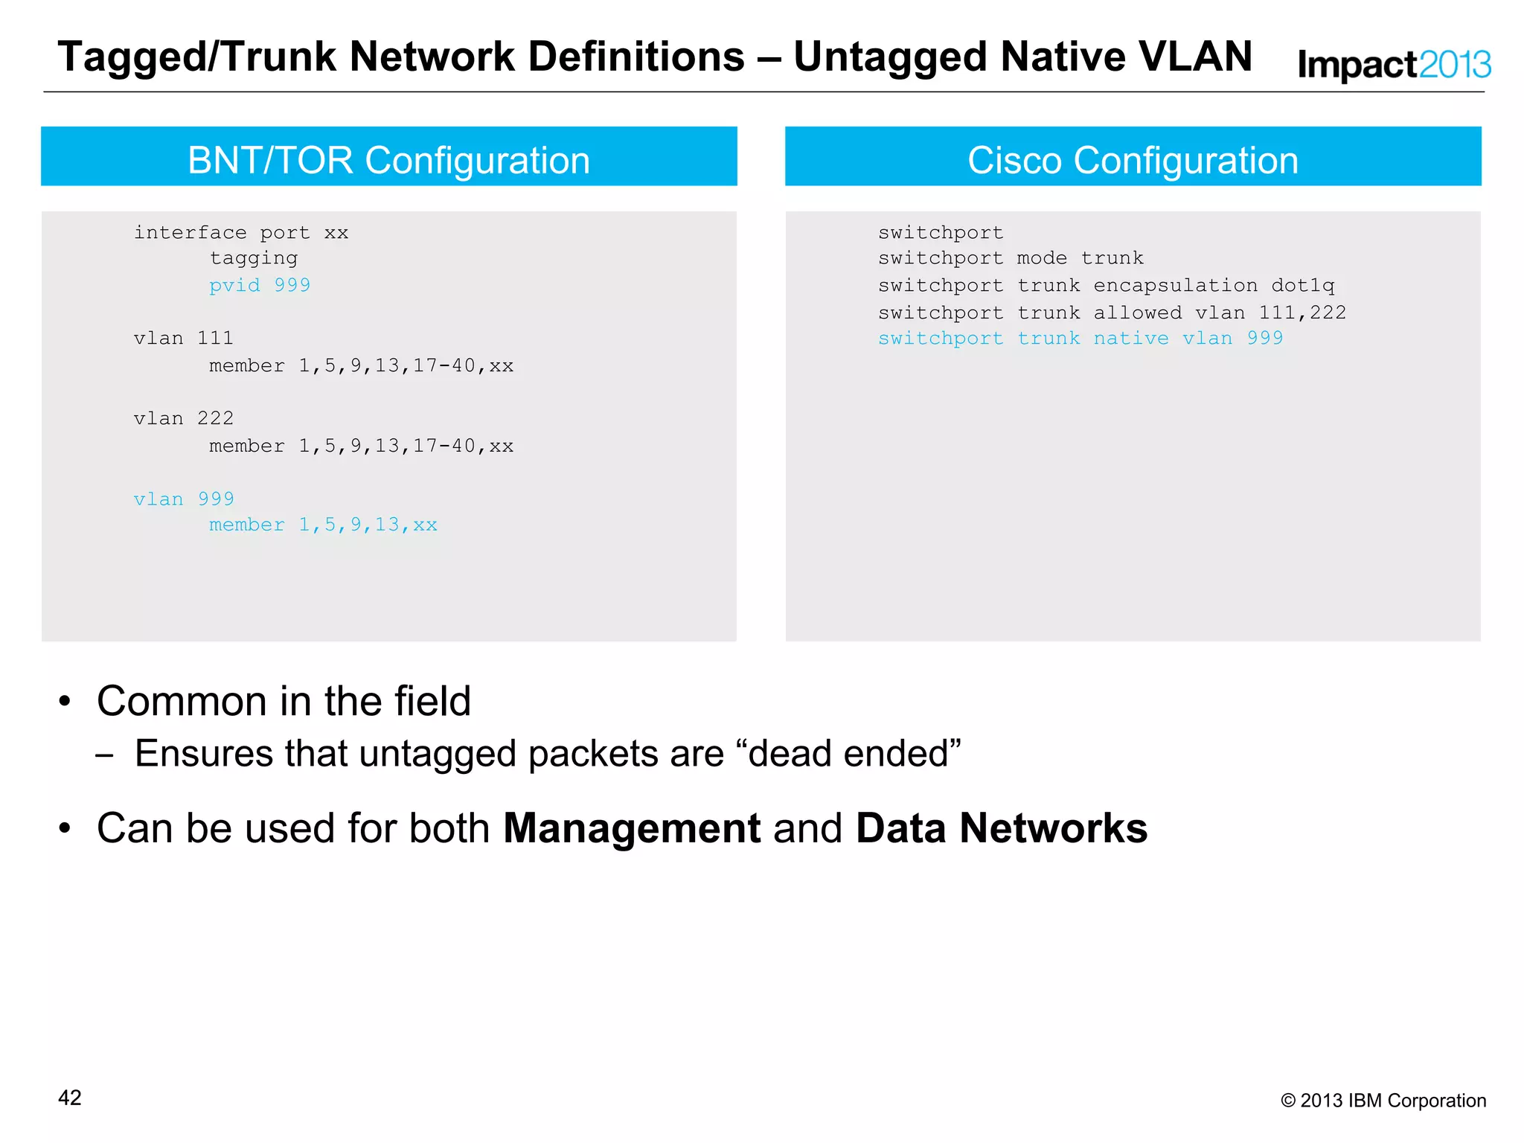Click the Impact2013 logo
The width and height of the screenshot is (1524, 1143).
[x=1394, y=65]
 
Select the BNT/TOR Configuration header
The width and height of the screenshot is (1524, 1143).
[x=388, y=160]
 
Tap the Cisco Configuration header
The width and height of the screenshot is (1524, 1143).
[x=1133, y=160]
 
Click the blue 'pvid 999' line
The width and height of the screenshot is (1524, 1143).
[x=260, y=285]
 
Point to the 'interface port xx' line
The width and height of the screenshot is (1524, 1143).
[x=241, y=233]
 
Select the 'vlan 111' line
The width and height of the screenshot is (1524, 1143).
[x=184, y=339]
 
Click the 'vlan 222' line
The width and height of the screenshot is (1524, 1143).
[x=184, y=419]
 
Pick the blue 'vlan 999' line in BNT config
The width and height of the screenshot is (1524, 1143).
[x=184, y=499]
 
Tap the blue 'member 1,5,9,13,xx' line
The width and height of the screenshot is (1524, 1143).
[x=323, y=525]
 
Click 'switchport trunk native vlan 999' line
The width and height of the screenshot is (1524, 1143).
[x=1080, y=339]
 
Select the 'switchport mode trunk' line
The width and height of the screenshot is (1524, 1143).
[x=1011, y=258]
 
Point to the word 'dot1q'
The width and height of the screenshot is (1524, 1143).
[x=1302, y=286]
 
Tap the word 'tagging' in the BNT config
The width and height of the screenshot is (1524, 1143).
[x=254, y=258]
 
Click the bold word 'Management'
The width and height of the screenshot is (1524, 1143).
[x=632, y=828]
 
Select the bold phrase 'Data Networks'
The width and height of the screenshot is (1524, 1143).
[x=1002, y=828]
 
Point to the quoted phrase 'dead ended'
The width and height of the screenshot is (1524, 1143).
[x=848, y=753]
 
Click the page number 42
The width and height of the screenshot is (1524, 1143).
[x=70, y=1098]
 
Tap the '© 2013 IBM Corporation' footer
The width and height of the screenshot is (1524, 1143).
[x=1383, y=1101]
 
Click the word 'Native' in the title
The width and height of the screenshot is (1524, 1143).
[x=1063, y=57]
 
